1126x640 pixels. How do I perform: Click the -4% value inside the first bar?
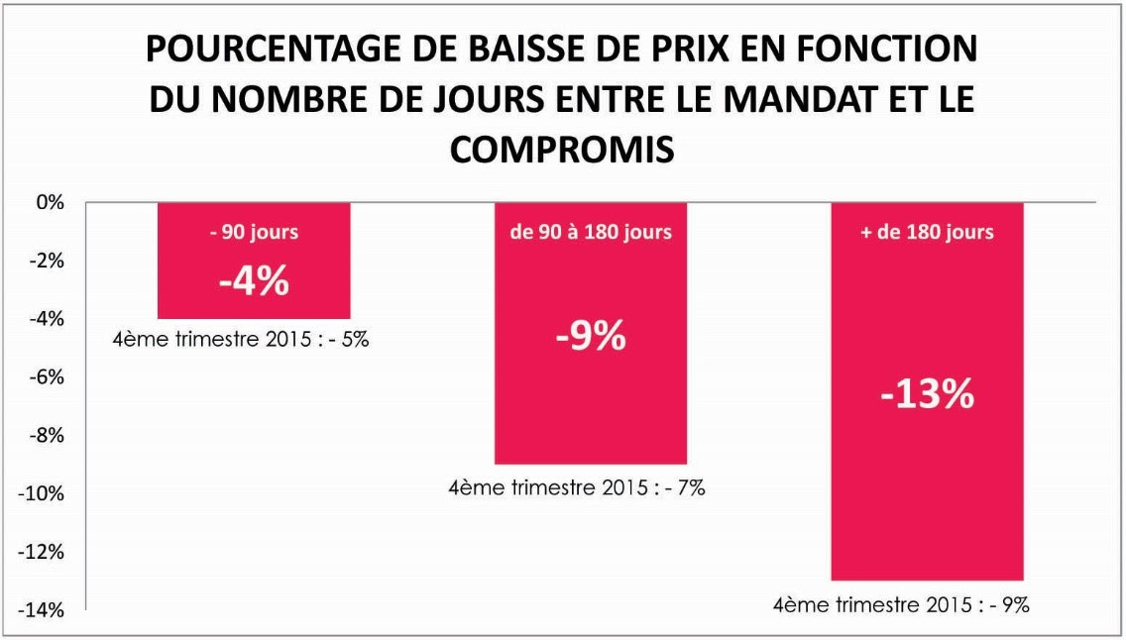tap(254, 281)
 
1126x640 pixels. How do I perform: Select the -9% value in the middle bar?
tap(591, 337)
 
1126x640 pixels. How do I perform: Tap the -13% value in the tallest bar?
tap(927, 394)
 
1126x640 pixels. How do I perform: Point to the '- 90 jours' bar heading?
tap(254, 232)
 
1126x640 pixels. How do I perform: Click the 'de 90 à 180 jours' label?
tap(591, 232)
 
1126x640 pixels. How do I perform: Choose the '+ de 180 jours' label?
tap(927, 232)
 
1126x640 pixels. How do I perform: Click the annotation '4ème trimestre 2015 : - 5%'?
tap(241, 339)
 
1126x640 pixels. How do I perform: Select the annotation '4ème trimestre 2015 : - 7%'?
tap(577, 487)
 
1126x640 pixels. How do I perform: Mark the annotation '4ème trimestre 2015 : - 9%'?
tap(901, 605)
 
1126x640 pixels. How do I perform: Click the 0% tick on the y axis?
tap(51, 203)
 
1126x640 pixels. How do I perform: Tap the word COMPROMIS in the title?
tap(562, 150)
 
